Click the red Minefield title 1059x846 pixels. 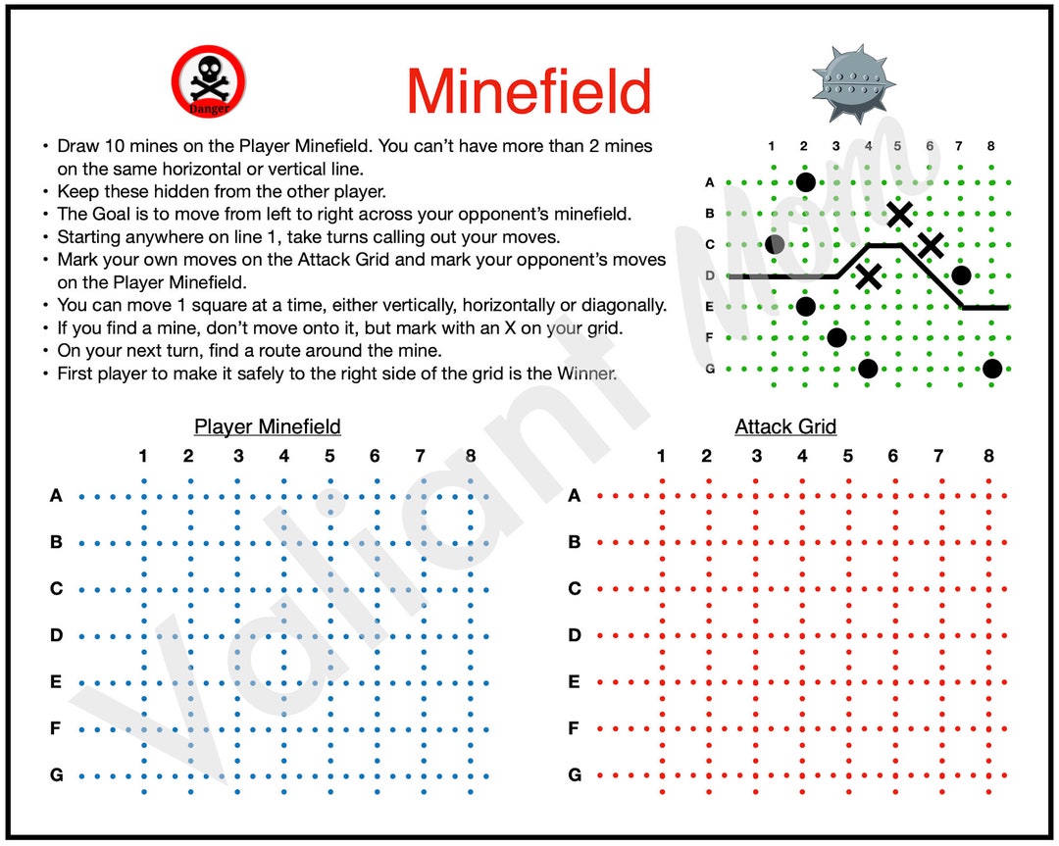[x=529, y=91]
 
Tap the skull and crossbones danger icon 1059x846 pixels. [x=209, y=82]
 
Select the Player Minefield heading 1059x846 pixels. [x=268, y=426]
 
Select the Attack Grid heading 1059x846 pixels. [x=785, y=426]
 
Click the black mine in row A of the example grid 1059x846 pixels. [x=805, y=181]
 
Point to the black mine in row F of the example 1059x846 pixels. [x=836, y=338]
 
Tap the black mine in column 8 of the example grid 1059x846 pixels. [x=992, y=369]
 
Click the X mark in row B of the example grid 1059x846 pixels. [x=899, y=213]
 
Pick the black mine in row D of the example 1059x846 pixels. [x=961, y=275]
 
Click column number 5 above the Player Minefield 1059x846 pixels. [x=329, y=456]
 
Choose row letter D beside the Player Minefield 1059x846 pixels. [x=57, y=635]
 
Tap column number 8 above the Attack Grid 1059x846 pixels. [x=988, y=456]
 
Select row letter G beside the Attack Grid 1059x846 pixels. [x=575, y=775]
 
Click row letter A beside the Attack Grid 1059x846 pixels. [x=575, y=496]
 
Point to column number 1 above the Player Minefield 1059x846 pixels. [x=143, y=456]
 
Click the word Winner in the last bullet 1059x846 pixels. [x=582, y=373]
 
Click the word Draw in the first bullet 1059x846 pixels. [x=77, y=146]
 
